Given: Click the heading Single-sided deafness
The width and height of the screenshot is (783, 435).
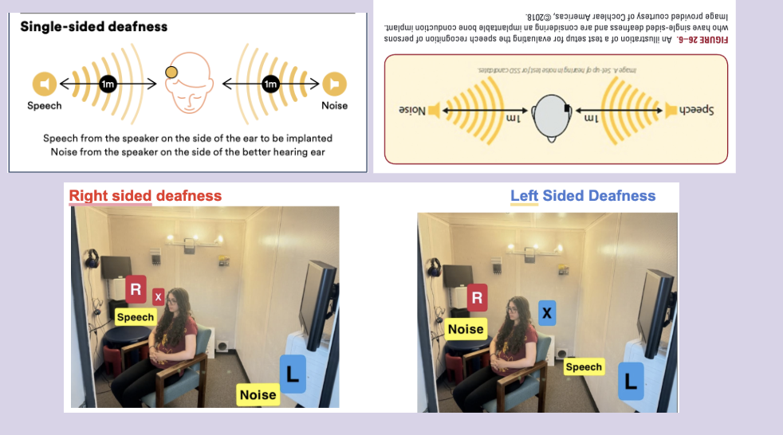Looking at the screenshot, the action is click(x=94, y=26).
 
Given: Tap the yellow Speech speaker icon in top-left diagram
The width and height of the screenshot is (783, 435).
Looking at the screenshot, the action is click(x=44, y=83).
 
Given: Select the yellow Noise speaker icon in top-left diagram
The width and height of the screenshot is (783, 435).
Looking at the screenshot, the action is click(x=334, y=83).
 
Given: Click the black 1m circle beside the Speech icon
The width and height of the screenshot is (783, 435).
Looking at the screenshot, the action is click(x=107, y=83).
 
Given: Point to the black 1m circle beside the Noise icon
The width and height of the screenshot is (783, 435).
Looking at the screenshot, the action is click(x=270, y=83).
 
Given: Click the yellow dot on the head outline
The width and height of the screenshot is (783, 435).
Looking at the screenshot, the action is click(x=171, y=73).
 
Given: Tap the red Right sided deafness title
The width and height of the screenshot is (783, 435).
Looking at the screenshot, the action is click(x=145, y=195).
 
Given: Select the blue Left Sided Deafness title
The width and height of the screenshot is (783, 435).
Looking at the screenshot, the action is click(x=583, y=195).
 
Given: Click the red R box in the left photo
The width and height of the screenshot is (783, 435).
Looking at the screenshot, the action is click(x=136, y=289).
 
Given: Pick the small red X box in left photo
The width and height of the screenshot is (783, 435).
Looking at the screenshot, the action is click(x=159, y=297).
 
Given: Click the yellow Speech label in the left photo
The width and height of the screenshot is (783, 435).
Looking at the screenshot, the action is click(x=135, y=317).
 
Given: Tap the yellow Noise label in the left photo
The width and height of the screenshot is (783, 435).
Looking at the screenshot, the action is click(x=258, y=394).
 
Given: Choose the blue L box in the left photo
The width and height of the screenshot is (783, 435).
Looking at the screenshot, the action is click(x=293, y=373).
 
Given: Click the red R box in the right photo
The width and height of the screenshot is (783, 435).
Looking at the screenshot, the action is click(x=477, y=299).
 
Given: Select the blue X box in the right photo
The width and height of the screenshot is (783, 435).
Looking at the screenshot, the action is click(x=547, y=313).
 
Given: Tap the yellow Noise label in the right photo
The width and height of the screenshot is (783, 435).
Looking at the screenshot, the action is click(x=466, y=329).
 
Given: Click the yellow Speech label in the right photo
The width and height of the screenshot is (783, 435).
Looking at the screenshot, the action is click(x=583, y=366).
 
